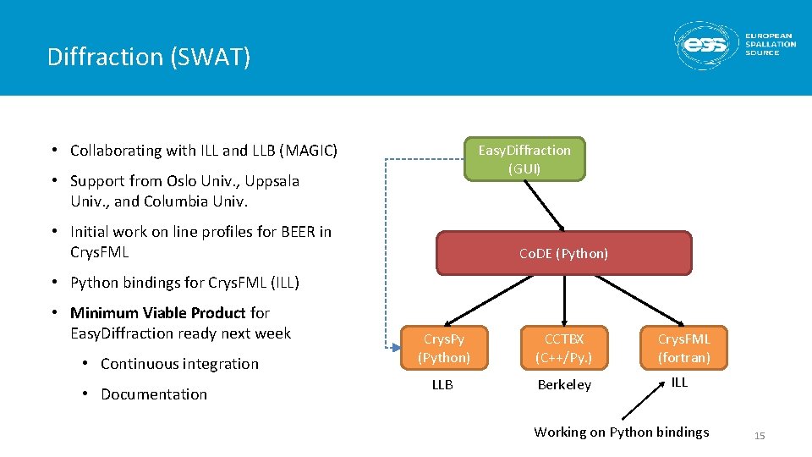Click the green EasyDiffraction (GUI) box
[x=524, y=159]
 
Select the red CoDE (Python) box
[x=564, y=253]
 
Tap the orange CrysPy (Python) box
[x=444, y=348]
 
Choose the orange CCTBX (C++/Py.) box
[x=564, y=348]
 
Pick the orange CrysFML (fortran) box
[x=683, y=348]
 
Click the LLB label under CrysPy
[x=442, y=385]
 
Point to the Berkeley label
[x=564, y=385]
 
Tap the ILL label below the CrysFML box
[x=679, y=383]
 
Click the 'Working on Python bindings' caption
[x=622, y=432]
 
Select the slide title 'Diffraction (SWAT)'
[x=149, y=57]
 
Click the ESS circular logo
[x=705, y=46]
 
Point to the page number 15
[x=760, y=436]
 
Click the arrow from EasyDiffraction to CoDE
[x=544, y=206]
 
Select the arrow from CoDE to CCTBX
[x=564, y=300]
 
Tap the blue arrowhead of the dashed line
[x=396, y=348]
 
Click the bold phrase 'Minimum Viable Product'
[x=157, y=313]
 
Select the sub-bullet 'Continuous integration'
[x=179, y=364]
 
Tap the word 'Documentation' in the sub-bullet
[x=154, y=394]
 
